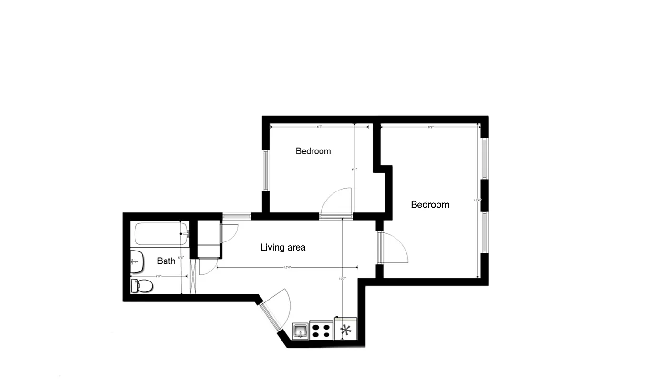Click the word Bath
click(x=166, y=261)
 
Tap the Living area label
click(x=282, y=247)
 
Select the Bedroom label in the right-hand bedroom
click(x=430, y=205)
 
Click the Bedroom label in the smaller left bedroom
click(x=313, y=151)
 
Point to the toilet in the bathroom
click(x=142, y=286)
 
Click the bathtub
click(x=161, y=234)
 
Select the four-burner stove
click(x=322, y=330)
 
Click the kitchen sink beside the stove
click(x=301, y=330)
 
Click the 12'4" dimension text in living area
click(x=288, y=268)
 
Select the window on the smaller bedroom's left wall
click(x=266, y=170)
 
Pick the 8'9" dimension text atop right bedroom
click(x=430, y=127)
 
